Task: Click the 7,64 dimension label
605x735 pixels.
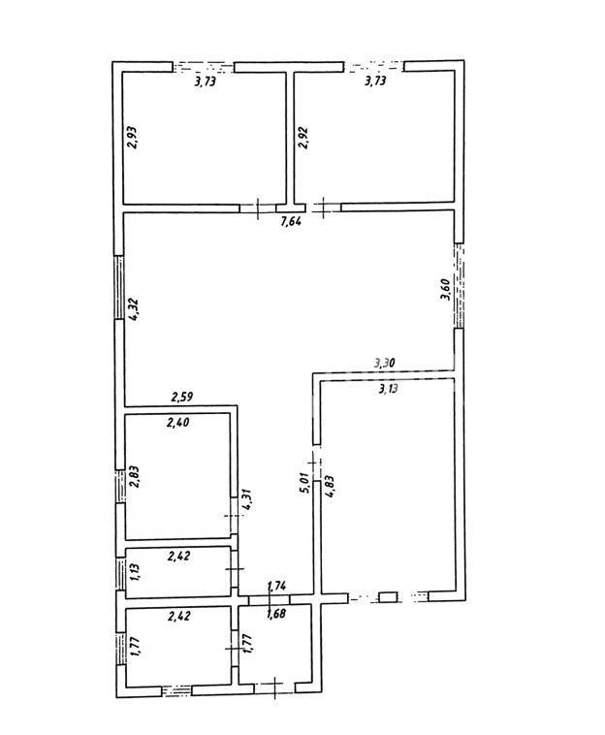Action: pos(290,222)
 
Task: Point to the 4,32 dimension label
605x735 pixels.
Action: pos(134,307)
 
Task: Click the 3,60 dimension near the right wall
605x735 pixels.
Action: pos(444,290)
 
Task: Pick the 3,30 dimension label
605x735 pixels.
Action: pos(386,364)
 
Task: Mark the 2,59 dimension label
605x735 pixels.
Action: pos(183,396)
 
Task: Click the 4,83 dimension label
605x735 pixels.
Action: pos(330,483)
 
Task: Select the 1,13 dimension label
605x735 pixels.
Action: pos(135,570)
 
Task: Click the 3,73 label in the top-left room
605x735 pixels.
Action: pos(205,82)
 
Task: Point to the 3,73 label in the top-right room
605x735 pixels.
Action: pos(375,82)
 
